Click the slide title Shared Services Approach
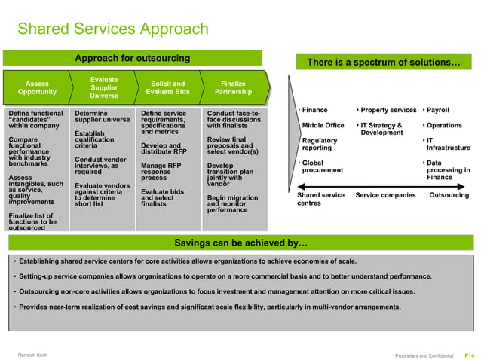pyautogui.click(x=112, y=29)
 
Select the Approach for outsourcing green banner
pyautogui.click(x=132, y=58)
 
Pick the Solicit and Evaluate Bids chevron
pyautogui.click(x=167, y=87)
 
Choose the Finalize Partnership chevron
pyautogui.click(x=232, y=87)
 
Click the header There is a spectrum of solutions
pyautogui.click(x=383, y=63)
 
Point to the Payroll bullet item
pyautogui.click(x=437, y=111)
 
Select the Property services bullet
pyautogui.click(x=388, y=111)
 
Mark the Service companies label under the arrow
pyautogui.click(x=385, y=195)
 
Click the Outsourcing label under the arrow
pyautogui.click(x=449, y=195)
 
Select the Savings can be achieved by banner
pyautogui.click(x=240, y=243)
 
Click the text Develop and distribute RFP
pyautogui.click(x=164, y=148)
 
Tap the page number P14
pyautogui.click(x=468, y=355)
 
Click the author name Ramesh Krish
pyautogui.click(x=35, y=354)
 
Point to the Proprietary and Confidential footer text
pyautogui.click(x=424, y=355)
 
